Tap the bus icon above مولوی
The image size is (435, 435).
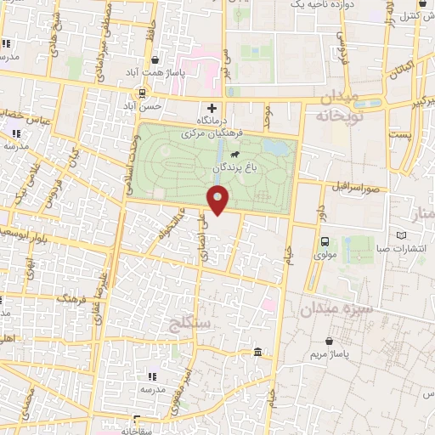(x=325, y=240)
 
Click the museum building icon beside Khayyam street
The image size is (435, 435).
(x=257, y=353)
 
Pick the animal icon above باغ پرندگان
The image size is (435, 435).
(x=234, y=155)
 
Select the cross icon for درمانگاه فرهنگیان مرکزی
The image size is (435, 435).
(x=212, y=108)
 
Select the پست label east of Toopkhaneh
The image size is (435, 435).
(x=399, y=135)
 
